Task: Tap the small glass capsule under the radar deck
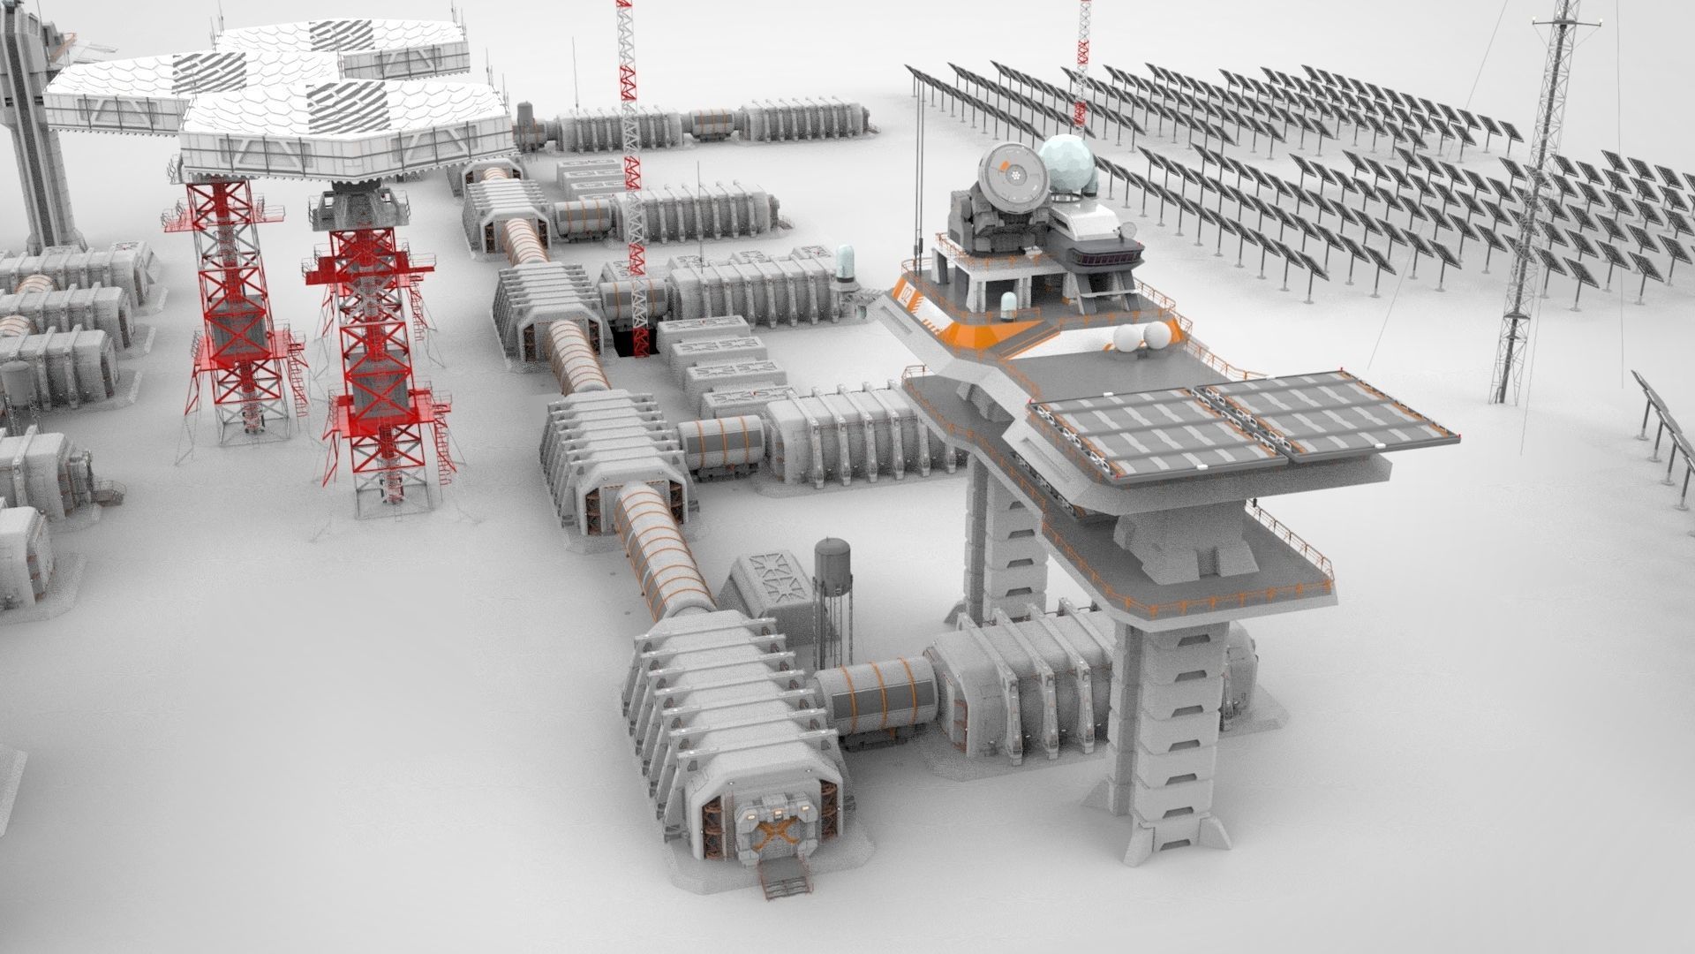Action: [x=1007, y=305]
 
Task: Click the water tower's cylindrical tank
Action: [x=832, y=560]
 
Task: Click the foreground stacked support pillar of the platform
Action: [x=1165, y=733]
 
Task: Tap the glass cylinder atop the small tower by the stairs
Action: [x=845, y=262]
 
